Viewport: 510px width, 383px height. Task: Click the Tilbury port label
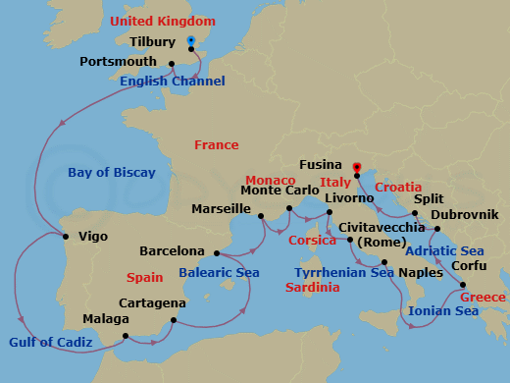(152, 42)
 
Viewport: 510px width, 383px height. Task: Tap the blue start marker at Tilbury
(190, 41)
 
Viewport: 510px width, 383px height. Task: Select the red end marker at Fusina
(356, 166)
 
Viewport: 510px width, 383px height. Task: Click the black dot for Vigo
(65, 236)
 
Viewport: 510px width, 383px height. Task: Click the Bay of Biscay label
(112, 173)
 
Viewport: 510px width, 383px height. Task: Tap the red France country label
(216, 145)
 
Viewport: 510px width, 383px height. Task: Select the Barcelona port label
(172, 251)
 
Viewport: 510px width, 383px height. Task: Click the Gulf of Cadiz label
(51, 342)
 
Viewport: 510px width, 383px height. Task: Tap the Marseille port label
(220, 209)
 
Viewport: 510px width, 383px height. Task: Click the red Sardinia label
(312, 288)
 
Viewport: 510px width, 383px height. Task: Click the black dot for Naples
(384, 262)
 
